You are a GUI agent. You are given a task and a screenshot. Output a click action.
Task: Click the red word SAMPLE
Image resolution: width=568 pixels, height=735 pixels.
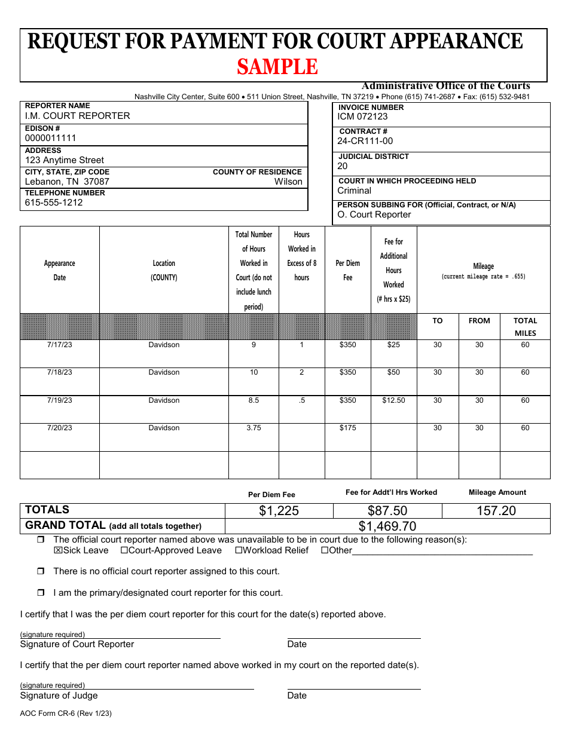pos(277,67)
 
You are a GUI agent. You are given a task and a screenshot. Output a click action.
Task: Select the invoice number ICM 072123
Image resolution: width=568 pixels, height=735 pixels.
pos(362,117)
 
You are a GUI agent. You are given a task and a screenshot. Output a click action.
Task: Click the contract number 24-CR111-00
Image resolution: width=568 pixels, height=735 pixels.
pos(365,141)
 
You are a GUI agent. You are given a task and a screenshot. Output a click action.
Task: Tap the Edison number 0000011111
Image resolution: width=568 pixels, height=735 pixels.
pos(50,138)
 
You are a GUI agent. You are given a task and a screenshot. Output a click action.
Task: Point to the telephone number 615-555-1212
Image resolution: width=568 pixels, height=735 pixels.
pos(54,203)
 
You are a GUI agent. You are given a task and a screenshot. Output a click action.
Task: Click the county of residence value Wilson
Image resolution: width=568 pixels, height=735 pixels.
pos(288,182)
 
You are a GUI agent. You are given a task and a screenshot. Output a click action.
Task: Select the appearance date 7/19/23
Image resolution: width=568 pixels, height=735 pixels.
pos(59,400)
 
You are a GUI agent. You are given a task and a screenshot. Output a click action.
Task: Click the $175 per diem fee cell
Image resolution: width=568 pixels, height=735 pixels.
pos(347,428)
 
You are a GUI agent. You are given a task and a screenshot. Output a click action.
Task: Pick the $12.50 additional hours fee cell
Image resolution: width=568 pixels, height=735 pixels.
pos(393,400)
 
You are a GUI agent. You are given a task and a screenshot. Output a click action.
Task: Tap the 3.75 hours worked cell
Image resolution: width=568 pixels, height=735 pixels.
pos(254,428)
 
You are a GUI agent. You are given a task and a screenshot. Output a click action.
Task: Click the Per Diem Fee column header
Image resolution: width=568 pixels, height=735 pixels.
pos(347,270)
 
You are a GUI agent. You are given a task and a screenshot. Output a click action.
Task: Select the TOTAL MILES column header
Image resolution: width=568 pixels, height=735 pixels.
pos(525,327)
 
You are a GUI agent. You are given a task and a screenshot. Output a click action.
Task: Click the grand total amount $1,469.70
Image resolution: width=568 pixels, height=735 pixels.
pos(387,526)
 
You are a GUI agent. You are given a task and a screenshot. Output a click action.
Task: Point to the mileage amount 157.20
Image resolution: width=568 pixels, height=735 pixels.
pos(496,511)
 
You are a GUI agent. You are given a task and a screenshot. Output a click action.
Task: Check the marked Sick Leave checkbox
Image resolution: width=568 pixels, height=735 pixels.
pos(58,550)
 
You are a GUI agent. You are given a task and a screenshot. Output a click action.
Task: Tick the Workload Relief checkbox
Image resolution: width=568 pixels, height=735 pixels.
pos(239,550)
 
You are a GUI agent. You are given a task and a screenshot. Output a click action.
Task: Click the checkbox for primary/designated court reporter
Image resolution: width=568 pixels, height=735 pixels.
pos(41,593)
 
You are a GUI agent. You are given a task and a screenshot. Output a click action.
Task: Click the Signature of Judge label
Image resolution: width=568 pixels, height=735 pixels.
pos(59,696)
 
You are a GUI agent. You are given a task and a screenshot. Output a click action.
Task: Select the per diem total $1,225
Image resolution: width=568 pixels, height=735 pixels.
pos(279,511)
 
